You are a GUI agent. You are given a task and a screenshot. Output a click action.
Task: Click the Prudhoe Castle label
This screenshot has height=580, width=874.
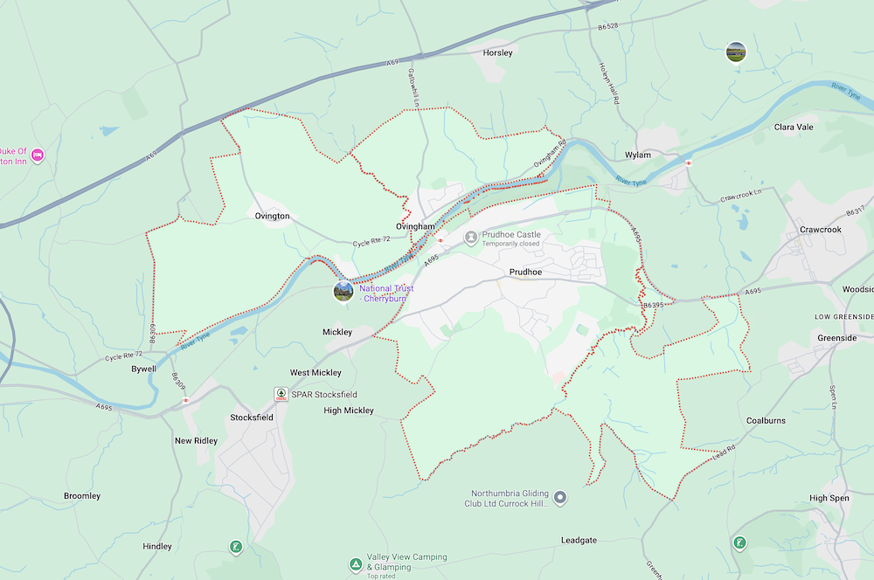tap(511, 235)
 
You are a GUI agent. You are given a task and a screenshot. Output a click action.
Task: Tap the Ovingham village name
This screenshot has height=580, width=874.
tap(415, 226)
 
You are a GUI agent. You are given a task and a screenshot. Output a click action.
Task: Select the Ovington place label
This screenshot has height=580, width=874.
tap(272, 216)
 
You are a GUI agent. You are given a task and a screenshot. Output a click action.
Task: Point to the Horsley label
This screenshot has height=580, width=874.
tap(497, 53)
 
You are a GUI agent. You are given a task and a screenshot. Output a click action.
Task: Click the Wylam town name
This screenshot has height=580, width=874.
tap(638, 155)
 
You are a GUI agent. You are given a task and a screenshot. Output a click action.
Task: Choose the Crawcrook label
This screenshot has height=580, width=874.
tap(820, 230)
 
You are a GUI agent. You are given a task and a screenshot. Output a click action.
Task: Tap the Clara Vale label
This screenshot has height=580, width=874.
tap(794, 127)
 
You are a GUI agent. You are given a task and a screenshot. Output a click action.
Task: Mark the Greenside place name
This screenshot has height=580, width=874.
tap(836, 338)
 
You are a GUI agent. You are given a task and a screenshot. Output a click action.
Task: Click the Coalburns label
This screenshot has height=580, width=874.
tap(766, 421)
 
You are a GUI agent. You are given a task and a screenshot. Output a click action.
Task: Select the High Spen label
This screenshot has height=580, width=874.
tap(829, 498)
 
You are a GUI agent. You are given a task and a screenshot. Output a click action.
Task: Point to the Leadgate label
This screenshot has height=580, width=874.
tap(579, 541)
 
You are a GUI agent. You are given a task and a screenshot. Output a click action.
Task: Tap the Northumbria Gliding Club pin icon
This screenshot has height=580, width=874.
tap(561, 497)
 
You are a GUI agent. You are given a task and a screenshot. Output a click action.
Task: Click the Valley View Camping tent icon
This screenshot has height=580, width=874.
tap(356, 563)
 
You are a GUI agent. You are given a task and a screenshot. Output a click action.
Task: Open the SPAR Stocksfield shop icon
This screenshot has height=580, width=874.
tap(281, 394)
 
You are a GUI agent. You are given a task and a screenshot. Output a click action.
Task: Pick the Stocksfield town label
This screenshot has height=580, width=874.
tap(252, 418)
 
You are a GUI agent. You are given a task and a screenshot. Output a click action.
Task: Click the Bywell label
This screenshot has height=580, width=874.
tap(143, 369)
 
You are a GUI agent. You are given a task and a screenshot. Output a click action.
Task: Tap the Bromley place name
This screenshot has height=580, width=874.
tap(82, 496)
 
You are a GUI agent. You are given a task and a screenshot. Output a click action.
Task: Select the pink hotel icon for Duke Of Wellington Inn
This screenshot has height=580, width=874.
tap(38, 155)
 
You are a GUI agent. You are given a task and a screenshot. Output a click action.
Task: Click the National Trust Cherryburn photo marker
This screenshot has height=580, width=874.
tap(343, 291)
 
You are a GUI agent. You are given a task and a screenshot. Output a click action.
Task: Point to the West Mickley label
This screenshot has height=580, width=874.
tap(316, 373)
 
